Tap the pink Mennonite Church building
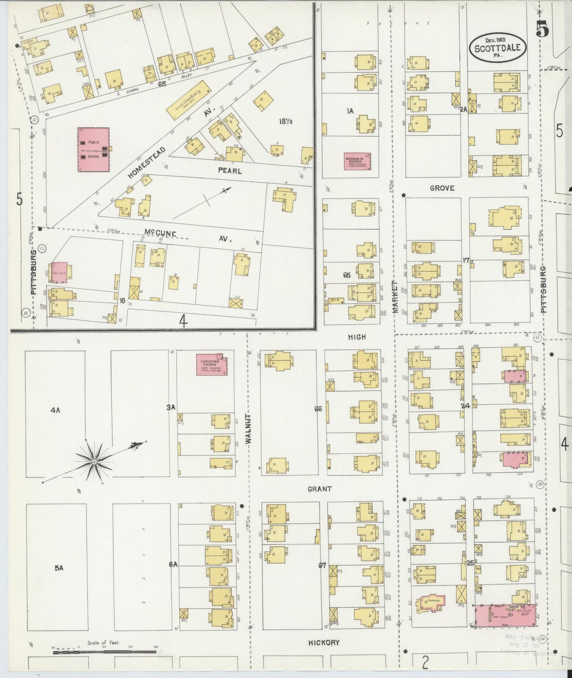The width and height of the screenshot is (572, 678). pyautogui.click(x=357, y=161)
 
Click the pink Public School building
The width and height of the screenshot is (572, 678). pyautogui.click(x=93, y=149)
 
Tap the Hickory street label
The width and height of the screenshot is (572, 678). pyautogui.click(x=324, y=642)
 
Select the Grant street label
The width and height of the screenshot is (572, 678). pyautogui.click(x=320, y=489)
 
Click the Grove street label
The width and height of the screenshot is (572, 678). pyautogui.click(x=442, y=188)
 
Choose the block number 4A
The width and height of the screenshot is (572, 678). pyautogui.click(x=55, y=410)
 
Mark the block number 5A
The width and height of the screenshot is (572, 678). pyautogui.click(x=59, y=568)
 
